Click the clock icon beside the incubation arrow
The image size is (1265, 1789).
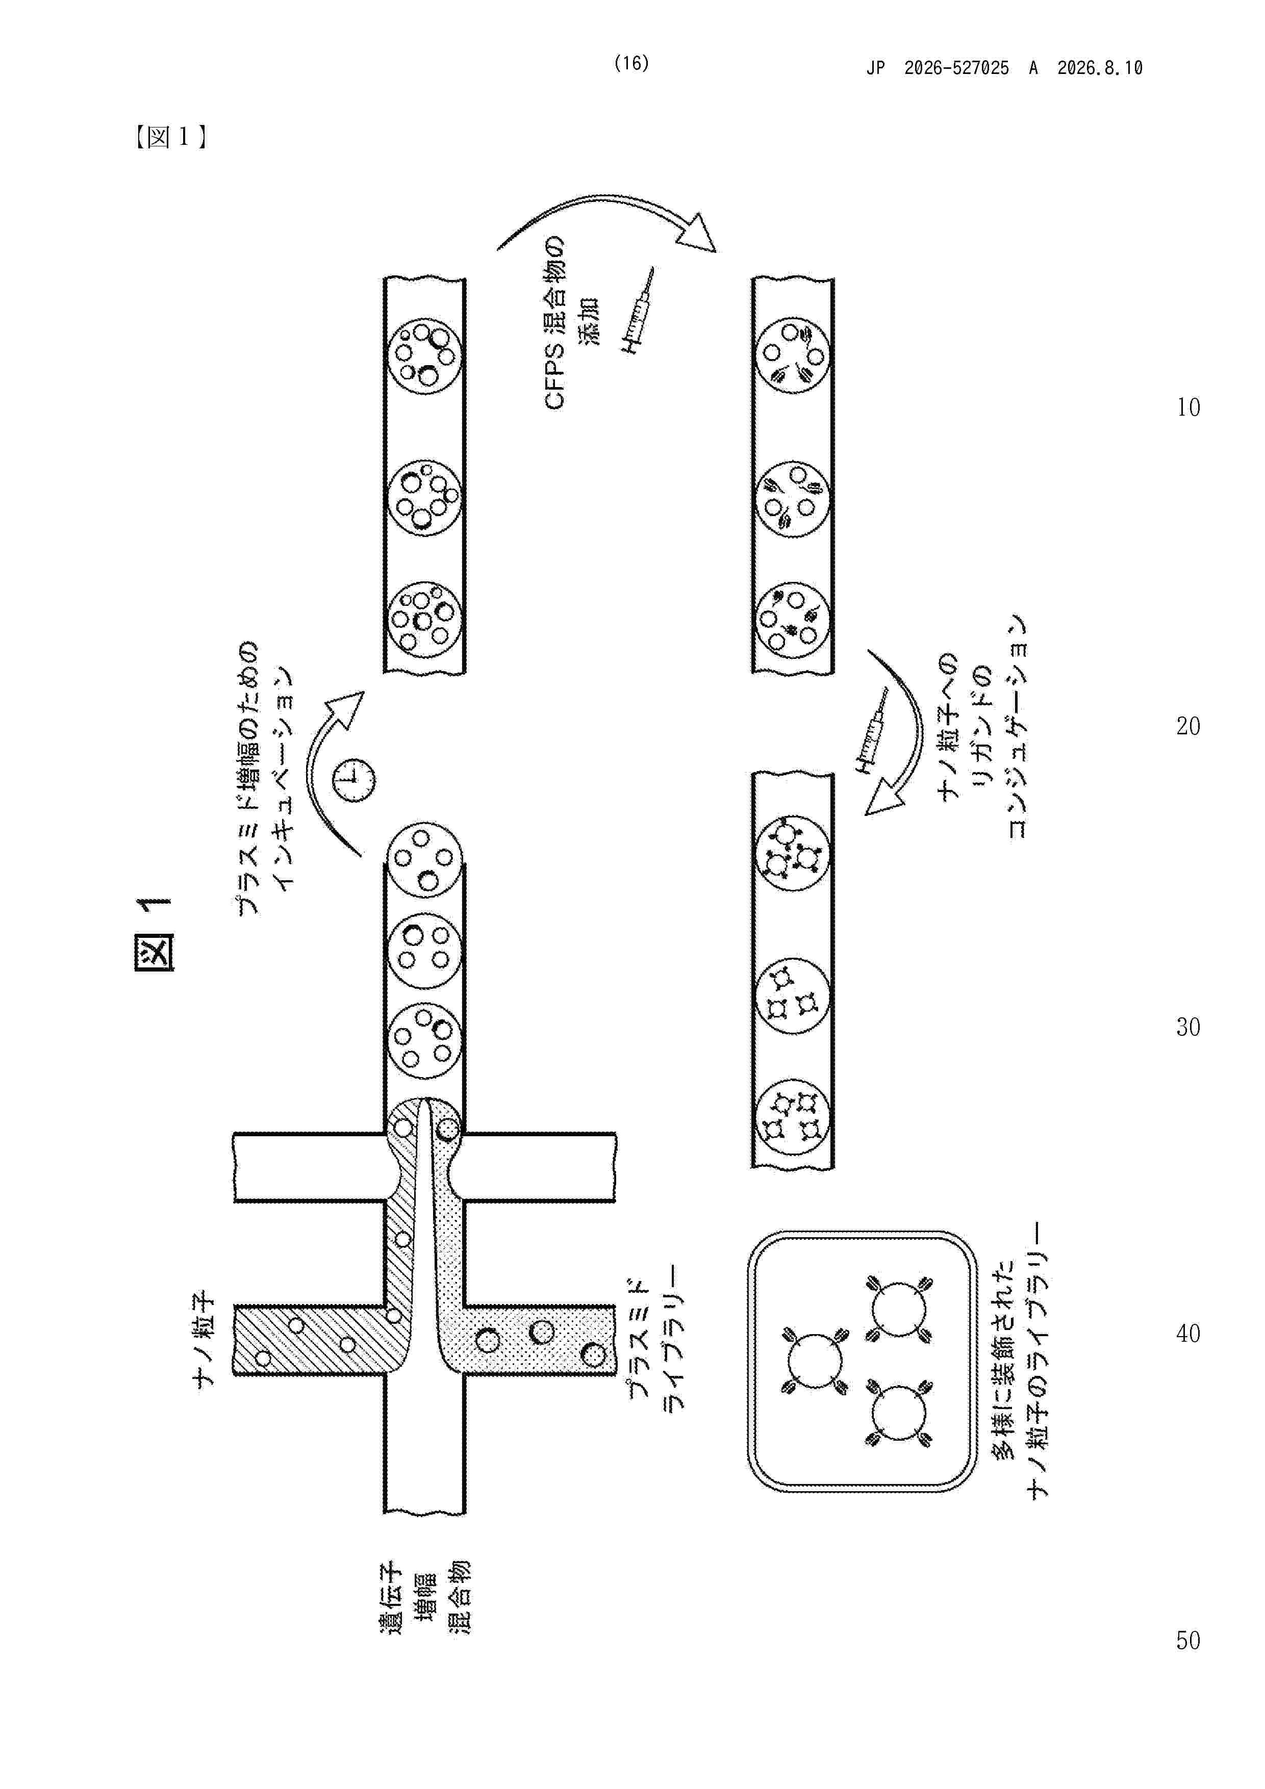point(354,779)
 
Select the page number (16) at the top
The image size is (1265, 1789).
point(631,64)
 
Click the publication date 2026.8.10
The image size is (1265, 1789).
point(1100,68)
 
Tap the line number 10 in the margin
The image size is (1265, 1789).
point(1188,407)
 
